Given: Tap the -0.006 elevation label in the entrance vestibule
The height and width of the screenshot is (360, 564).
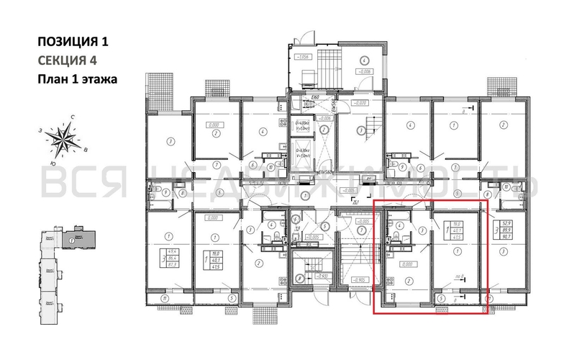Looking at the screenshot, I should [365, 72].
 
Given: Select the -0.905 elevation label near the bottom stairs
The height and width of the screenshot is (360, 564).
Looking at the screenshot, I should [360, 279].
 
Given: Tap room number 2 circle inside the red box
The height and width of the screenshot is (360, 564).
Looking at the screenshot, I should [409, 281].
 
